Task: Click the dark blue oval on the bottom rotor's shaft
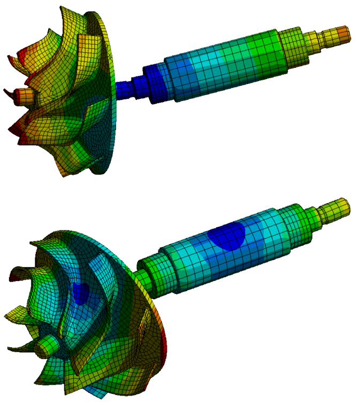point(227,237)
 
